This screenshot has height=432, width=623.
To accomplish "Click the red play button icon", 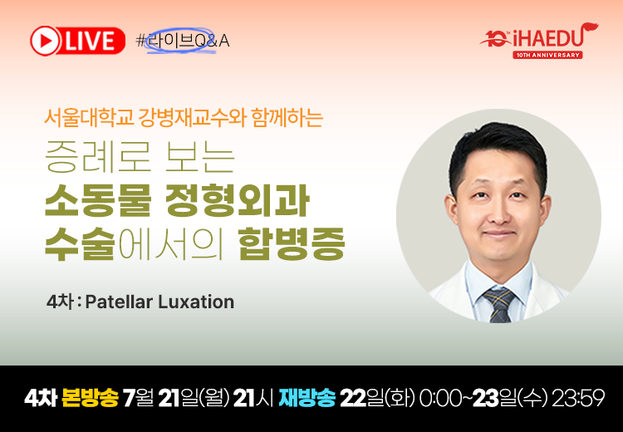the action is (44, 41).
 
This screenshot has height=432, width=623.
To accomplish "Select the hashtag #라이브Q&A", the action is (183, 41).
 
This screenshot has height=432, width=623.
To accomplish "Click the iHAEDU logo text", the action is (550, 37).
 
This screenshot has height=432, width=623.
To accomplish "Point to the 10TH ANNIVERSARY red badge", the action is (547, 55).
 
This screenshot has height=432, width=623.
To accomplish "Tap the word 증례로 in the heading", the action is (98, 159).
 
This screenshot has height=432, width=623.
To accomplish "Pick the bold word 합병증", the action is (292, 243).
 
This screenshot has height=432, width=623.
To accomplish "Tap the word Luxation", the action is (196, 302).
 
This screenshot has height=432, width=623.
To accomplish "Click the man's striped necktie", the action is (499, 304).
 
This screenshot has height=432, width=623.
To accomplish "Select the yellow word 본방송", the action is (91, 398).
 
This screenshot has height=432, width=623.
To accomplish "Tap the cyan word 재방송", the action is (307, 398).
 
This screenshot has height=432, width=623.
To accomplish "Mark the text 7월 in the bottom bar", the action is (138, 398).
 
